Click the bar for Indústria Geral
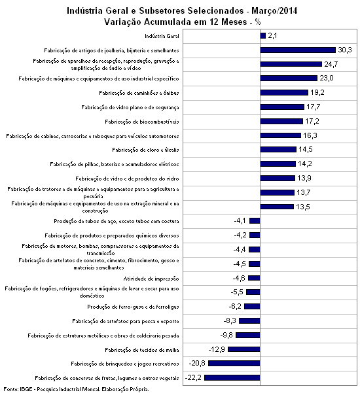(x=263, y=36)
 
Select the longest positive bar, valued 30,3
(x=298, y=50)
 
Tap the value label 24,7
(x=331, y=64)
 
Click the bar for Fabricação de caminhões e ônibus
(x=284, y=93)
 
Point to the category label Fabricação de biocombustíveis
(x=142, y=122)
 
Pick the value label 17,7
(x=314, y=107)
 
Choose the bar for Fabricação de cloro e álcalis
(x=278, y=149)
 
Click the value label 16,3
(x=310, y=135)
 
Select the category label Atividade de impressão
(x=151, y=279)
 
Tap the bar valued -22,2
(x=232, y=377)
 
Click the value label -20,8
(x=197, y=363)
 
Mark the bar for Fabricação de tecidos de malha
(x=244, y=349)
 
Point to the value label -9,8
(x=226, y=335)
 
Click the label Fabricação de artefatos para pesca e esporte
(x=126, y=321)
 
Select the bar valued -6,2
(x=252, y=306)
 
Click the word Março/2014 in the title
(x=274, y=11)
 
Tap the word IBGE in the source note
(x=26, y=389)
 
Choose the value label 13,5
(x=303, y=207)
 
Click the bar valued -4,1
(x=255, y=220)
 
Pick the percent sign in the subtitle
(x=258, y=22)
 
